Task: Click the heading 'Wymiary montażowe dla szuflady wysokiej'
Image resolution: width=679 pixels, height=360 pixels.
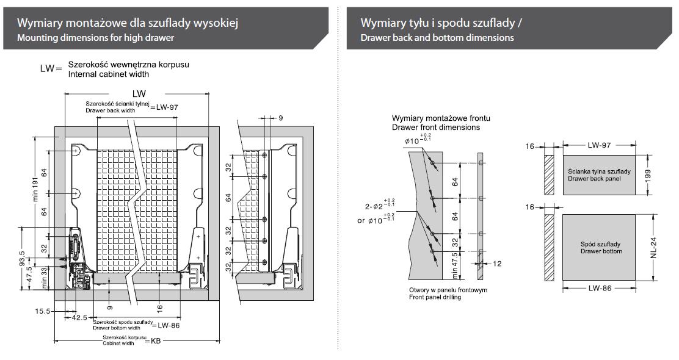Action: coord(128,23)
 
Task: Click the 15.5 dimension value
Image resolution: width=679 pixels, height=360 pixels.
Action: coord(43,311)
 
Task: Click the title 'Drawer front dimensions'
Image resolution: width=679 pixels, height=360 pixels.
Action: coord(435,127)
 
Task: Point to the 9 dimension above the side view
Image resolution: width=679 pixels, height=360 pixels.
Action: coord(280,118)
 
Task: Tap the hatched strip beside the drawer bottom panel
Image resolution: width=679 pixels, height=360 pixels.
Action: coord(548,247)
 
